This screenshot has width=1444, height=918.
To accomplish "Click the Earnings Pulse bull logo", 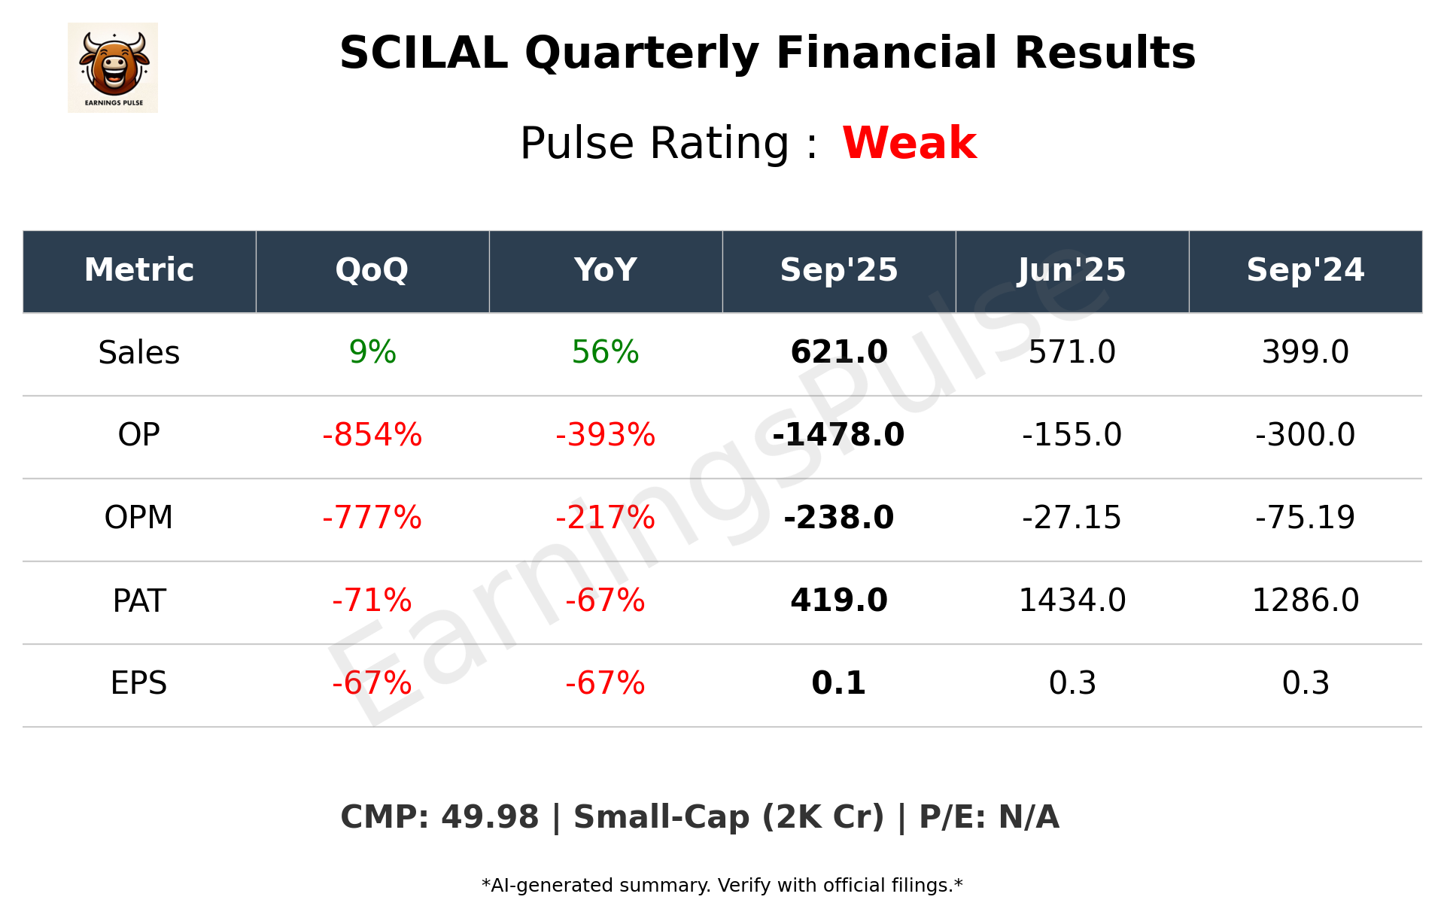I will coord(113,67).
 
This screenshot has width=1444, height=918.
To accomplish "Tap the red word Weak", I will coord(909,143).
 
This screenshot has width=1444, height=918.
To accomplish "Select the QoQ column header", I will coord(372,270).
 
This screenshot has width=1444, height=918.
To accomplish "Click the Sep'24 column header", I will coord(1305,270).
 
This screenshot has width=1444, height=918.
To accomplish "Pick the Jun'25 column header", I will coord(1072,270).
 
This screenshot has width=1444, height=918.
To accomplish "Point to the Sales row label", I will coord(139,352).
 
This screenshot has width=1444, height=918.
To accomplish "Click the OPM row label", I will coord(139,518).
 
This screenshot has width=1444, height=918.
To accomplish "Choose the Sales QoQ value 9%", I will coord(372,352).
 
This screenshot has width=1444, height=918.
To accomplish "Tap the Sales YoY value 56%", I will coord(605,352).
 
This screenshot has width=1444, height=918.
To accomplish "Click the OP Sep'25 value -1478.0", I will coord(838,435).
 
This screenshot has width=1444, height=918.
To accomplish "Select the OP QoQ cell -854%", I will coord(372,435).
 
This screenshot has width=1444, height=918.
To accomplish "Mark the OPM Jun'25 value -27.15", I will coord(1072,518).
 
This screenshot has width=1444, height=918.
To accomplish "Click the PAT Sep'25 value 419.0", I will coord(838,600).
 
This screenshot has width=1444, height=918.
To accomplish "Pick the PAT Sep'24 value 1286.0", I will coord(1305,600).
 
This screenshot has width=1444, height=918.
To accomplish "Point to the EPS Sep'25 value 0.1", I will coord(838,683).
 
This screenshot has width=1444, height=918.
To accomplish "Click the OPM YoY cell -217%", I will coord(605,518).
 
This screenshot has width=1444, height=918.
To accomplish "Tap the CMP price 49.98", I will coord(490,817).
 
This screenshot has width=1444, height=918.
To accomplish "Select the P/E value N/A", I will coord(1029,817).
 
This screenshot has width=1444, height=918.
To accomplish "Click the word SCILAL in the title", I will coord(424,53).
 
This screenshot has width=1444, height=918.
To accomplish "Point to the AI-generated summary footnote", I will coord(722,886).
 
